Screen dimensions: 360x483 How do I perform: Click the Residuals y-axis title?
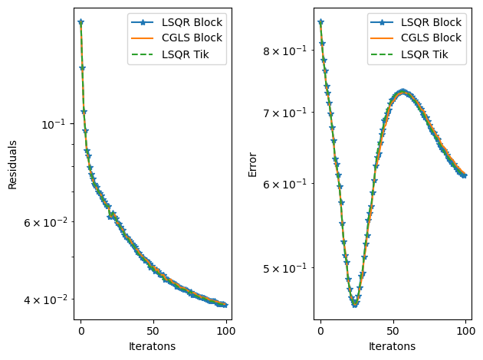[x=12, y=164]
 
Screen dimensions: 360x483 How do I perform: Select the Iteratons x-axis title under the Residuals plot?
[x=153, y=346]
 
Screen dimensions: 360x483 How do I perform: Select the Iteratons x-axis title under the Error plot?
[x=393, y=346]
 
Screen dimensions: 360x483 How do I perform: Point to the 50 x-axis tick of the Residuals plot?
[x=153, y=331]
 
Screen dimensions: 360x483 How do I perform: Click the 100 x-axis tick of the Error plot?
[x=465, y=331]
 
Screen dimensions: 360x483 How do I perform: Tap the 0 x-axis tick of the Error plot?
[x=320, y=331]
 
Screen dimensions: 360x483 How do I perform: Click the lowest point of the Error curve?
[x=354, y=304]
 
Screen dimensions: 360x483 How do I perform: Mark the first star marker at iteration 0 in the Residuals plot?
[x=80, y=22]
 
